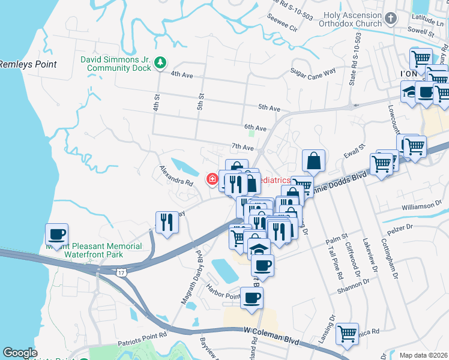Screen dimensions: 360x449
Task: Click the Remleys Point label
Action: tap(28, 64)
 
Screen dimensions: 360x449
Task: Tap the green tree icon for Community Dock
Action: tap(160, 61)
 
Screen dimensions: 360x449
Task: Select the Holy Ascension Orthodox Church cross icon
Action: tap(391, 19)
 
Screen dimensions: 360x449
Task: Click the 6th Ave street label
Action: tap(255, 128)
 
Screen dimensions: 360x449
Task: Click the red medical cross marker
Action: tap(212, 179)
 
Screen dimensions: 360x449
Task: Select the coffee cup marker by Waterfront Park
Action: tap(56, 234)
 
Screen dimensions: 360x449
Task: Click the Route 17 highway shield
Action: tap(121, 273)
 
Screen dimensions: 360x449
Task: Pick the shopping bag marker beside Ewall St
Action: tap(313, 160)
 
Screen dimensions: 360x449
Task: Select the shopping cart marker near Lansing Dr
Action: tap(347, 334)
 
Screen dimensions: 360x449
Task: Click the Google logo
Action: tap(20, 353)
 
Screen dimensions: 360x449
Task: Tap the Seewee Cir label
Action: tap(285, 28)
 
